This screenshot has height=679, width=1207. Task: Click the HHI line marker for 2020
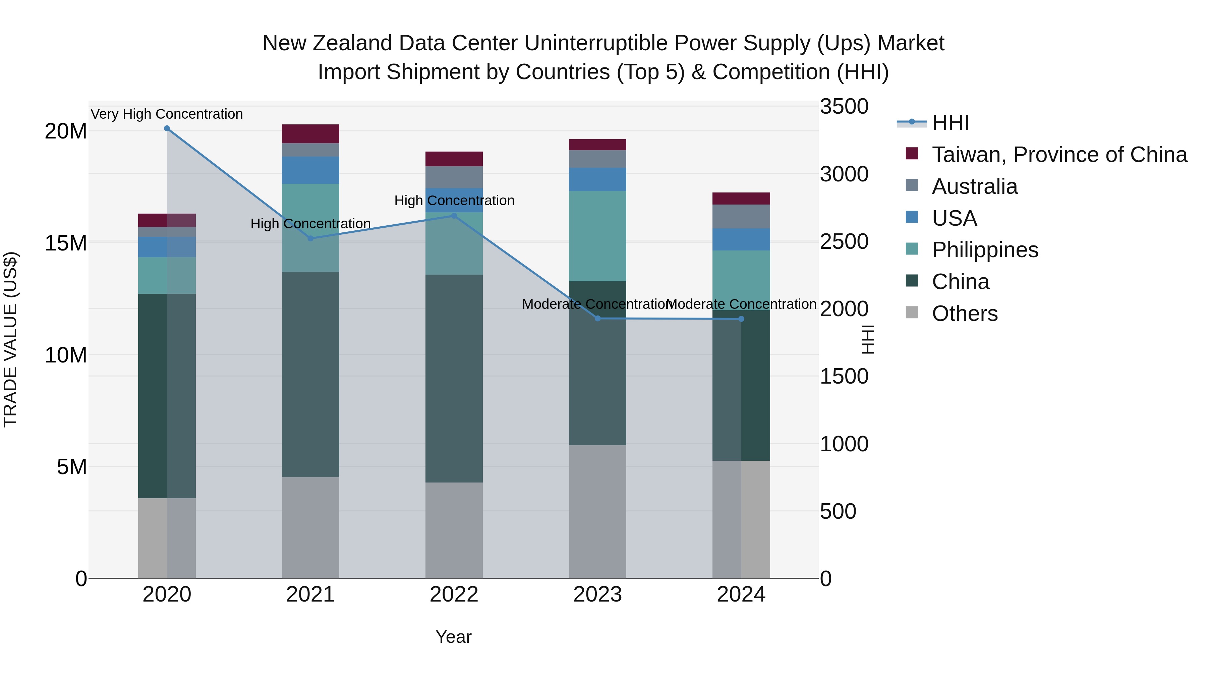click(167, 128)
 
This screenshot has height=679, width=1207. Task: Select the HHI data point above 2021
click(310, 238)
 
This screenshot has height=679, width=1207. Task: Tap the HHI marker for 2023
click(597, 319)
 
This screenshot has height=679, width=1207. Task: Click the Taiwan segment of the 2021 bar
click(310, 133)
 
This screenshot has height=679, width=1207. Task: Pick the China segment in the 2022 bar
click(454, 378)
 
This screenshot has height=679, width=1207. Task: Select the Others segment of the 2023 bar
click(597, 511)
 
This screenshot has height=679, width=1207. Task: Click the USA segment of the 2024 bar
click(741, 239)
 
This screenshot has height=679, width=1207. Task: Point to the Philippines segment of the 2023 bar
click(597, 236)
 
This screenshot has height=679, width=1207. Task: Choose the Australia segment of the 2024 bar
click(741, 217)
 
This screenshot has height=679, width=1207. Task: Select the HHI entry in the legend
click(950, 123)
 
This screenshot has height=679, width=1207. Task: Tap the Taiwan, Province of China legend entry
click(1059, 155)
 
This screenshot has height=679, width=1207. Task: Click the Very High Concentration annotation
click(167, 114)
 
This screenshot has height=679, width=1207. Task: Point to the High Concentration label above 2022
click(454, 201)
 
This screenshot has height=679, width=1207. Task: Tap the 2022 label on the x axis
click(454, 595)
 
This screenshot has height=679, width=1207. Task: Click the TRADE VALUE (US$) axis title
click(10, 339)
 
